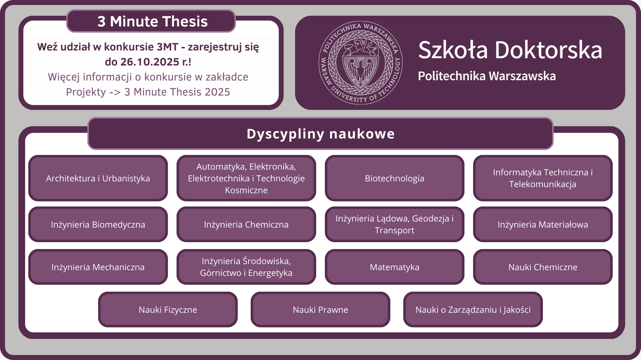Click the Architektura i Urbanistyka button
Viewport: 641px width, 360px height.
coord(98,178)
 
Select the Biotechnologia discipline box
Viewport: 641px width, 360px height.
coord(395,178)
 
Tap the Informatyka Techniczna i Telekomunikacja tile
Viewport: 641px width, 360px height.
coord(543,178)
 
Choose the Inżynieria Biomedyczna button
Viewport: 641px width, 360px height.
coord(98,224)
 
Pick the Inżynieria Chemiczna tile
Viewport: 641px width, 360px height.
coord(246,224)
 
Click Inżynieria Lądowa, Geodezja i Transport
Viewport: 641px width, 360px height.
coord(395,224)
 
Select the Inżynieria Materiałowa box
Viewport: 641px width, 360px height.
coord(543,224)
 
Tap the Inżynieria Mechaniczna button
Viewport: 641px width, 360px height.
coord(98,267)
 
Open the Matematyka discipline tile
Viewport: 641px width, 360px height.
coord(395,267)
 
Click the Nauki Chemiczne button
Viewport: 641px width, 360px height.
coord(543,267)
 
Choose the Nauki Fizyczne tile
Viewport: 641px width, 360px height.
coord(168,310)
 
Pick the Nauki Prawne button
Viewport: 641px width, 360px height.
coord(320,310)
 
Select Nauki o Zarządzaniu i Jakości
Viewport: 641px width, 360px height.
coord(473,310)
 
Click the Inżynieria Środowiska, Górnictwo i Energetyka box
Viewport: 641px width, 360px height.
coord(246,267)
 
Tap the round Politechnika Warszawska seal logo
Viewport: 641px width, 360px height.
coord(361,63)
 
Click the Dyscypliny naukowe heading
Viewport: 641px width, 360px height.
coord(320,133)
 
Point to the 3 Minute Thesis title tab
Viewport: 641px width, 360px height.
coord(151,21)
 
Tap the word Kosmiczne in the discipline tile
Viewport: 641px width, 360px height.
coord(246,190)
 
